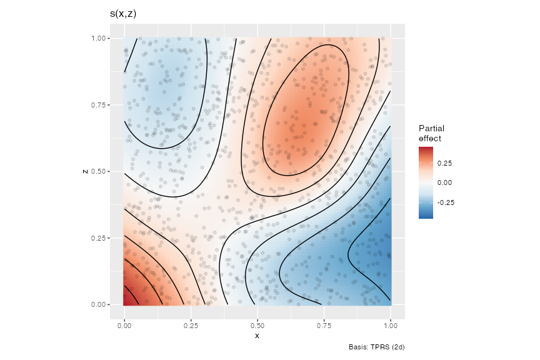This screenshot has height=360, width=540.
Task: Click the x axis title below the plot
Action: [x=257, y=336]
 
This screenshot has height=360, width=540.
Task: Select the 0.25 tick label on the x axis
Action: [x=191, y=326]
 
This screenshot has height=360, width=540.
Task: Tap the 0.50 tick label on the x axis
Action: [x=257, y=326]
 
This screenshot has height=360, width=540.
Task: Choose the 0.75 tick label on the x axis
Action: [x=324, y=326]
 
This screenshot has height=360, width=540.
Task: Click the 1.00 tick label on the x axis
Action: [x=391, y=326]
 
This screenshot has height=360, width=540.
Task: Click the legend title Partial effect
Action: [x=431, y=133]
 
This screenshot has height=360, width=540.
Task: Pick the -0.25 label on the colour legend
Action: [x=446, y=202]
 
